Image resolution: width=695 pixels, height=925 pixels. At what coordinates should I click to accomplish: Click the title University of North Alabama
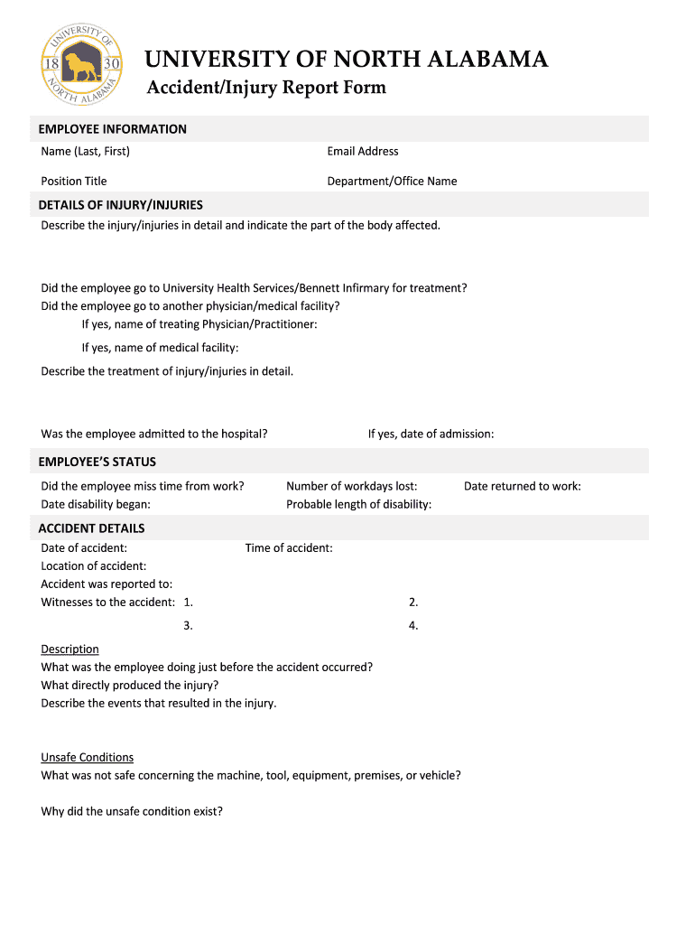pos(347,60)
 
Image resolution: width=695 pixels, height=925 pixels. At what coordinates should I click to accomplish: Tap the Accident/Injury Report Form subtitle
pos(266,88)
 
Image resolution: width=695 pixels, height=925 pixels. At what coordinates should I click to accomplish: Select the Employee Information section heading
pos(112,129)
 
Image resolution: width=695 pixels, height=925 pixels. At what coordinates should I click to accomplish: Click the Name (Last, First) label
pos(85,151)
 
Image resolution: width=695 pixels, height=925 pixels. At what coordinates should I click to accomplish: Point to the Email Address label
pos(363,151)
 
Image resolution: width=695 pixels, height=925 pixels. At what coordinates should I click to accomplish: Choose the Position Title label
pos(74,181)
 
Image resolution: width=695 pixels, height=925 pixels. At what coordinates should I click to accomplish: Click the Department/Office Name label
pos(392,181)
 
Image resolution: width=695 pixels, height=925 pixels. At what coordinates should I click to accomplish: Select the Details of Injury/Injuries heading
pos(120,205)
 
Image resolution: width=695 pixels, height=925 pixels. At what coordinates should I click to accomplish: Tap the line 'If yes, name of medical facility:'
pos(160,347)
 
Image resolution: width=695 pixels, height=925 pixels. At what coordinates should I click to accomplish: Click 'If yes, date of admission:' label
pos(431,434)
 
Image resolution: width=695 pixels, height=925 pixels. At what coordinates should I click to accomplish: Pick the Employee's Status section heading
pos(97,462)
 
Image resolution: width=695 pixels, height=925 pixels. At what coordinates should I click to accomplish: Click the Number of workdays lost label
pos(351,486)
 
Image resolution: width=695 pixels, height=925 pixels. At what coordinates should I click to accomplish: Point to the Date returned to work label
pos(522,486)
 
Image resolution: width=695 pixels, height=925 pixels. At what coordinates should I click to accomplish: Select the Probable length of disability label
pos(358,504)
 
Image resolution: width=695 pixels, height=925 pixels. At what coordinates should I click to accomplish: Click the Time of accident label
pos(289,547)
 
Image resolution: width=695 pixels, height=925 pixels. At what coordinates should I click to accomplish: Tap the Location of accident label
pos(94,565)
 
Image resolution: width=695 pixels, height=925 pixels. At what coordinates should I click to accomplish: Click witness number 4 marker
pos(413,625)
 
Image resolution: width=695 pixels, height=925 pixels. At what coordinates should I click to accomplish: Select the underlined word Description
pos(69,649)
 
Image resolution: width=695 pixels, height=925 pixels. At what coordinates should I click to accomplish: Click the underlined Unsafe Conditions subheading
pos(87,757)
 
